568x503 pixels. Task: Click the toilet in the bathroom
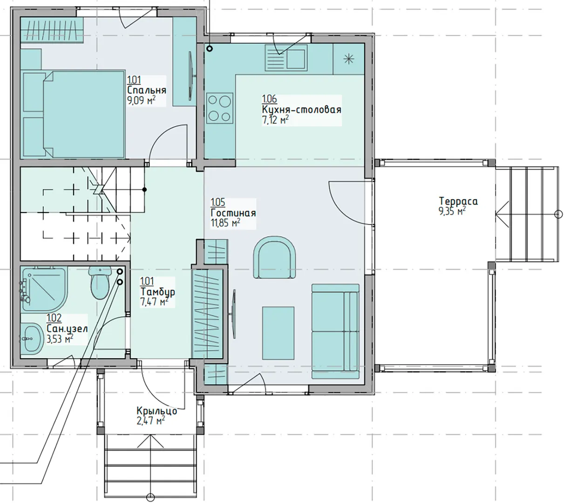click(x=99, y=283)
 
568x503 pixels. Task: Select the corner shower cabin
click(x=44, y=289)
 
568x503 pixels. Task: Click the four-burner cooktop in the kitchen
click(x=220, y=109)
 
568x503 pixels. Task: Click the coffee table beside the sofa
click(x=278, y=333)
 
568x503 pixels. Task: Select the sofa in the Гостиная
click(x=335, y=331)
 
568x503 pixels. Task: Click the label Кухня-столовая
click(x=302, y=109)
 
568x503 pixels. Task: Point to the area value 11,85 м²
click(x=225, y=223)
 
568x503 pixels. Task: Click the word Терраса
click(x=459, y=201)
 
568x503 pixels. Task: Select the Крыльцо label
click(x=157, y=411)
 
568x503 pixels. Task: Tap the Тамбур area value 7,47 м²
click(x=154, y=302)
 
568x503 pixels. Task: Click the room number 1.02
click(x=54, y=318)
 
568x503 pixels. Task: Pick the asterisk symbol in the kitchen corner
click(x=349, y=59)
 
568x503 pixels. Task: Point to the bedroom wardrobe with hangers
click(x=52, y=30)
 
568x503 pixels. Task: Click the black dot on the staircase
click(x=144, y=190)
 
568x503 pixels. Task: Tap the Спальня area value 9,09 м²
click(x=142, y=101)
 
